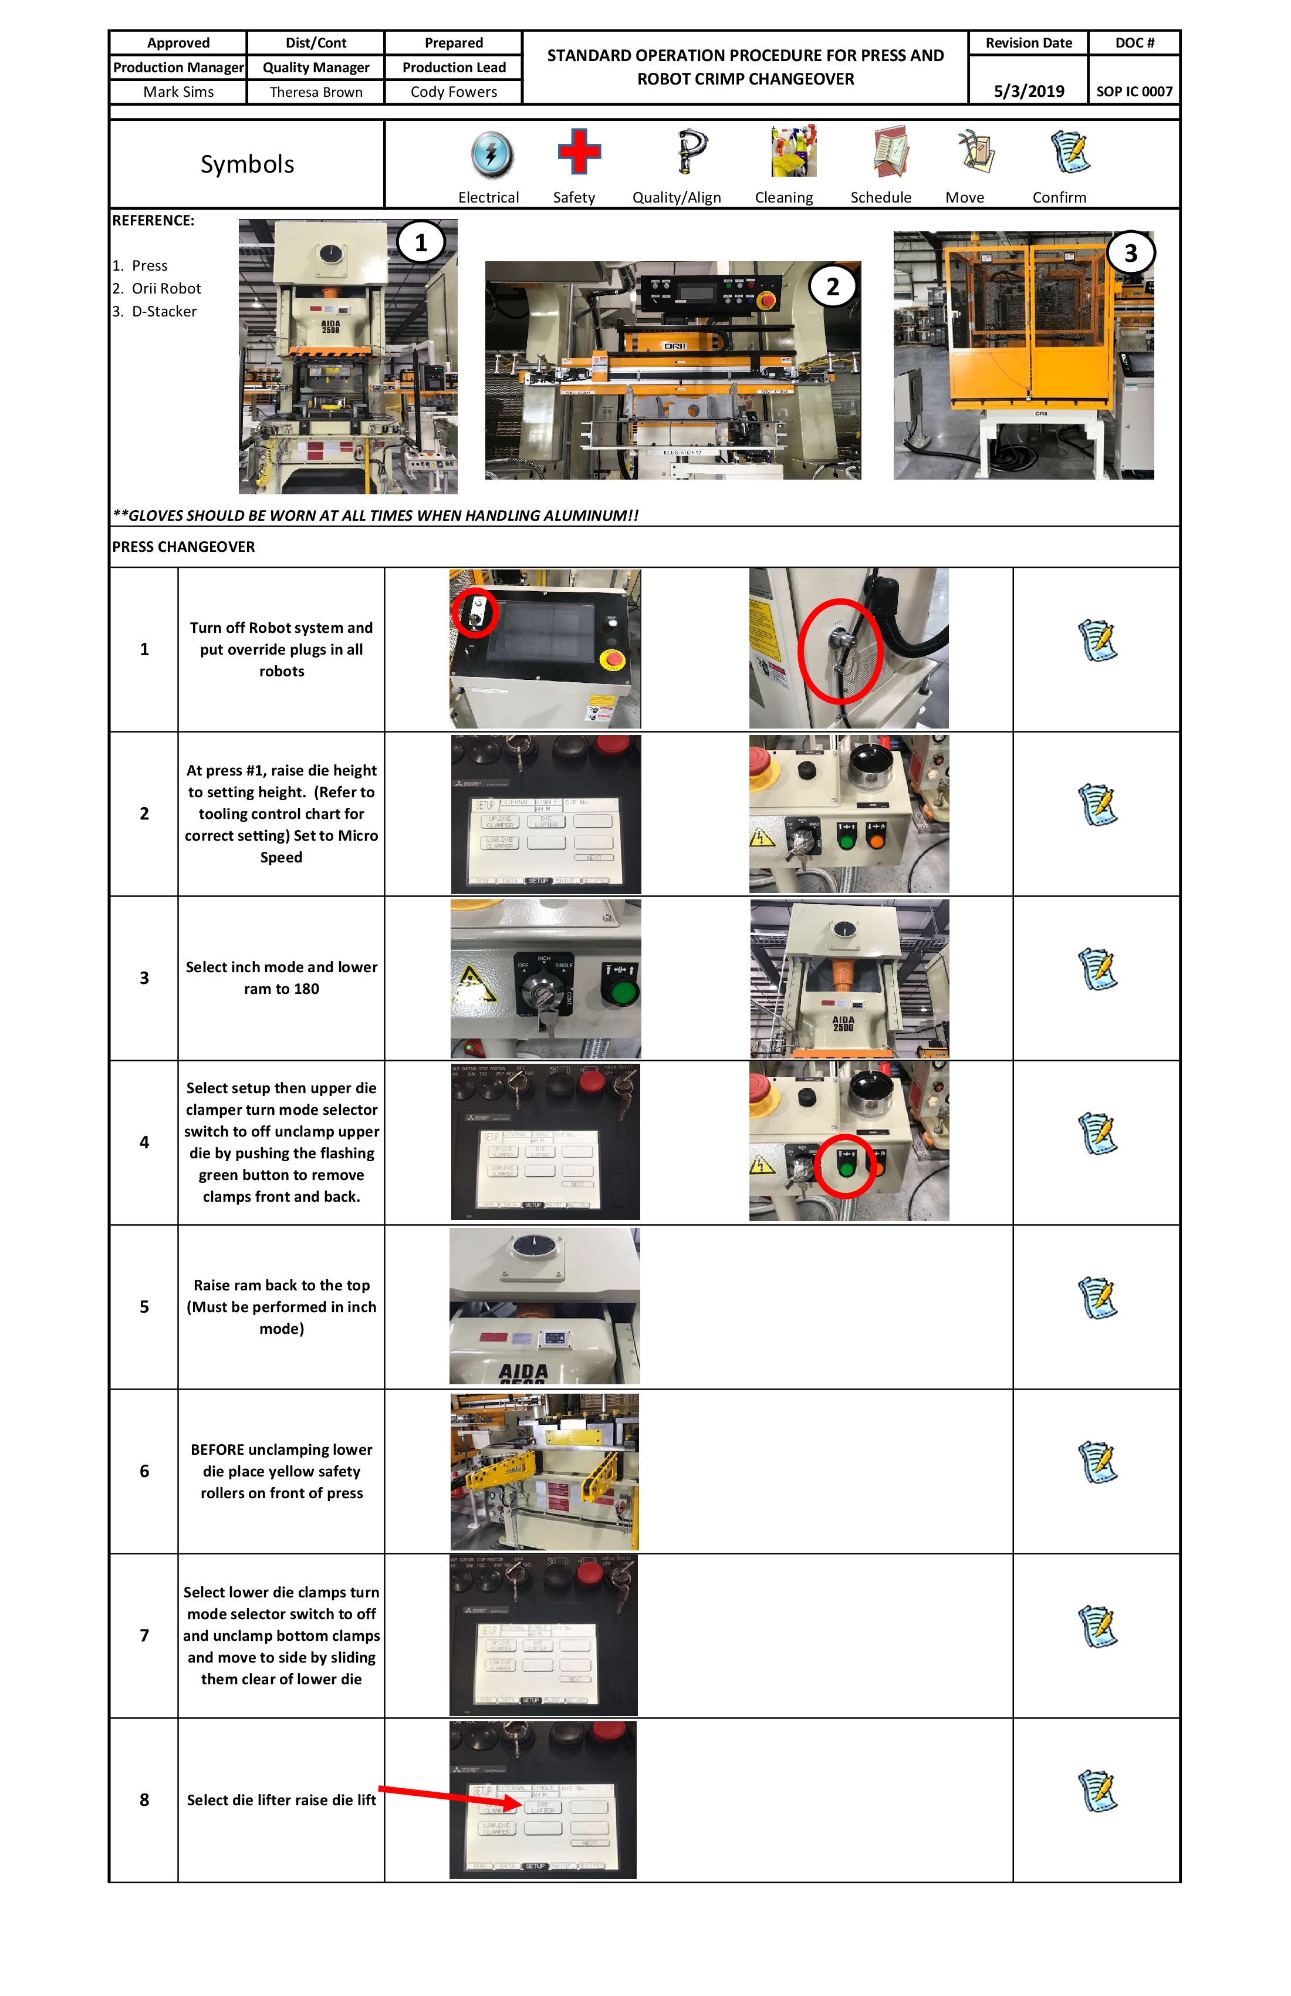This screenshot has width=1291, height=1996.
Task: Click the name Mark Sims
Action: [x=178, y=92]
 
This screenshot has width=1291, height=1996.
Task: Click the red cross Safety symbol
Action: [x=579, y=152]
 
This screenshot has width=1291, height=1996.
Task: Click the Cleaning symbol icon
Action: [x=793, y=152]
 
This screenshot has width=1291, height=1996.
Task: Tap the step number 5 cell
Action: [x=144, y=1307]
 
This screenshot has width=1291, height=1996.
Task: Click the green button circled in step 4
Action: [x=845, y=1166]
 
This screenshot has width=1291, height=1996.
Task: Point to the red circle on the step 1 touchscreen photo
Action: [x=475, y=612]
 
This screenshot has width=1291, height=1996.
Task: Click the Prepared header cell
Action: [x=454, y=43]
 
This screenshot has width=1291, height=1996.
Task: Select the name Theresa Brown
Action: [x=316, y=92]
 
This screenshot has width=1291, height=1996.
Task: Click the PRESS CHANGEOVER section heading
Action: [x=184, y=547]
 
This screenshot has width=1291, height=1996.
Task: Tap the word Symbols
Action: [x=246, y=164]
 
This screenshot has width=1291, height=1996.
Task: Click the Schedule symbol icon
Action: [x=890, y=152]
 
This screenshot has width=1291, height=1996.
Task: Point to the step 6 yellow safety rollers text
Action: [x=281, y=1471]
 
